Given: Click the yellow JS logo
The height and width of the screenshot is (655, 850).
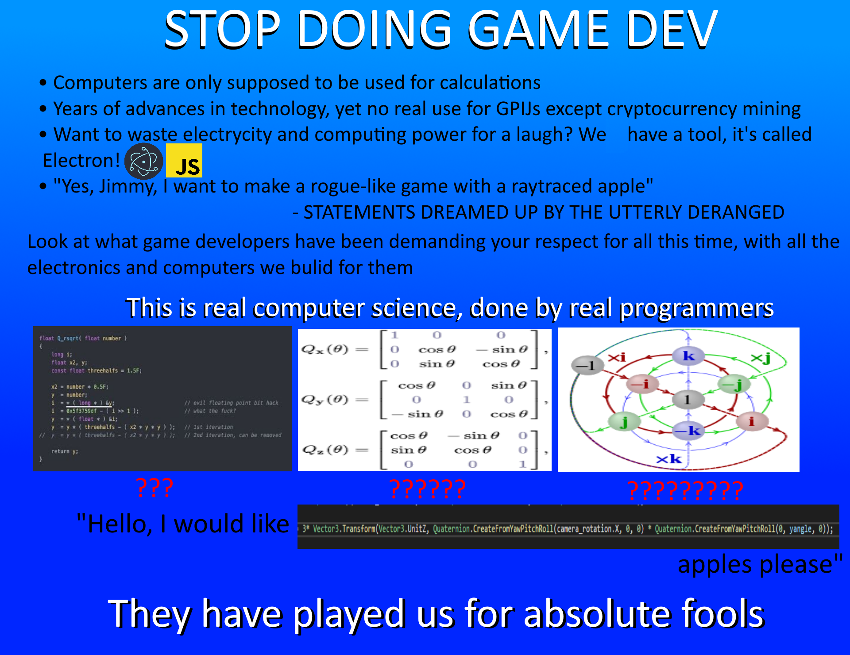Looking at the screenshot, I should pos(184,160).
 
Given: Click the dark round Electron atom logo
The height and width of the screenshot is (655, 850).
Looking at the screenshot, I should pos(143,161).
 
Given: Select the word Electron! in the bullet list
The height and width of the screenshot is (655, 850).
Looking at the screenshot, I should pos(81,161).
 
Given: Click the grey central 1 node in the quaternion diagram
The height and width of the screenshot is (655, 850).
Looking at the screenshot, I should pos(688,399).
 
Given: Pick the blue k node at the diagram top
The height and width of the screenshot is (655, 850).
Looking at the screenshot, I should pos(688,356).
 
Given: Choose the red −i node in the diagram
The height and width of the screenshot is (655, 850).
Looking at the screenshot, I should pos(642,384).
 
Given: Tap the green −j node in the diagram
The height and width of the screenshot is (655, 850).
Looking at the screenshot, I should pos(734,384).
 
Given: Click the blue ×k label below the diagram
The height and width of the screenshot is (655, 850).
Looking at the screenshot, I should pos(669,459).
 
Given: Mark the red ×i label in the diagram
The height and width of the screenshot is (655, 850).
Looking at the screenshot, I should pos(617,357).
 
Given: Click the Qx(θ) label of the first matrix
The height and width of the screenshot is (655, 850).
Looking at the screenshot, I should pos(325,350).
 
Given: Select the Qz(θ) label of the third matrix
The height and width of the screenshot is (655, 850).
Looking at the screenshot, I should pos(325,450).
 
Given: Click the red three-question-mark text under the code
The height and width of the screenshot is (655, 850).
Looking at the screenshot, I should pos(154,488).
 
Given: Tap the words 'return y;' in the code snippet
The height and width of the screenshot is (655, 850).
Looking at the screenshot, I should pos(65,451).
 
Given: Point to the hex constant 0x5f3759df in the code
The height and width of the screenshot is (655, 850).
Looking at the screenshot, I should pos(81,411).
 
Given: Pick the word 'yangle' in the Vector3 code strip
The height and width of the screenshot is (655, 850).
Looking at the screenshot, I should pos(800,529).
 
